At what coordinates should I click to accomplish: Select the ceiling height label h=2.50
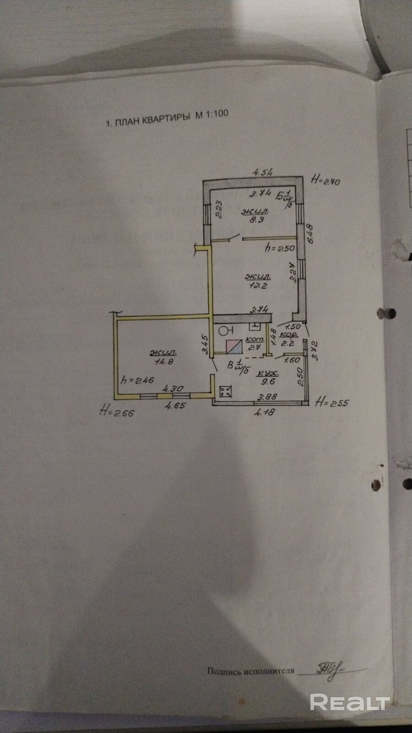(280, 248)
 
